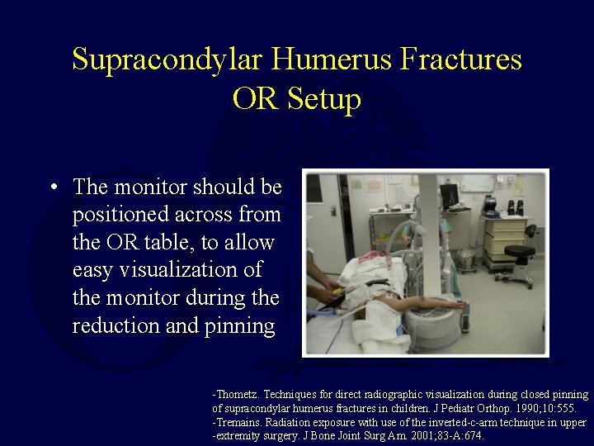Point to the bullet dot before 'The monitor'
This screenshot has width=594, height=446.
click(x=54, y=187)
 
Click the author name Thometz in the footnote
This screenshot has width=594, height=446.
click(x=239, y=396)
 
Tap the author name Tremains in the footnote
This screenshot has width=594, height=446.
click(x=240, y=422)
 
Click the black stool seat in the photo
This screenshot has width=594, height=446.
click(x=520, y=251)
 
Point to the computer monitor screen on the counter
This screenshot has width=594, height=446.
click(x=449, y=195)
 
